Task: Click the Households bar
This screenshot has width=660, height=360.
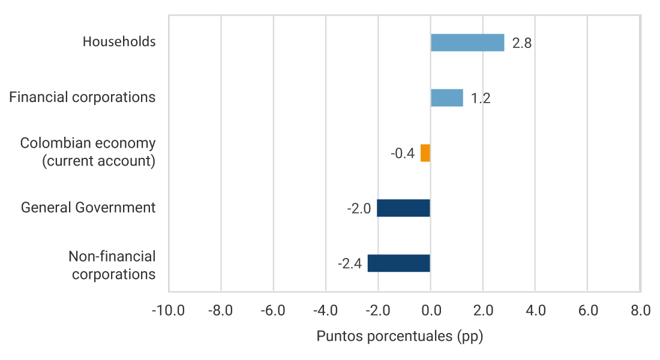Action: (467, 43)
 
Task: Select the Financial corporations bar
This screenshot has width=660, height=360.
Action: (447, 98)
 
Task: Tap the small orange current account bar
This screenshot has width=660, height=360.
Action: (425, 153)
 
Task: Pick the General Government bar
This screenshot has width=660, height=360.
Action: (404, 208)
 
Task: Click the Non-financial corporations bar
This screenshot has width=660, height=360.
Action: (399, 263)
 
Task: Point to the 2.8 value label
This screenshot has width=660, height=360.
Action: (522, 43)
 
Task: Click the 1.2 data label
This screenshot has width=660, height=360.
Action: (481, 98)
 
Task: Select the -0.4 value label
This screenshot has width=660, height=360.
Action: (403, 154)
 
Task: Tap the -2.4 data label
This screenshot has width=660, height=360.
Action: (350, 264)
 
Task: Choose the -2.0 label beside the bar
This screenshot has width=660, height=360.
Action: (359, 209)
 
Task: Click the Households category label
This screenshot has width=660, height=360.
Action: (119, 42)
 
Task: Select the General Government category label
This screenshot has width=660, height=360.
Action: (88, 208)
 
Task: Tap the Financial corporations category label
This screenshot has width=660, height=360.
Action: (82, 97)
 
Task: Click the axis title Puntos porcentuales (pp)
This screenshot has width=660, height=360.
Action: (400, 336)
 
